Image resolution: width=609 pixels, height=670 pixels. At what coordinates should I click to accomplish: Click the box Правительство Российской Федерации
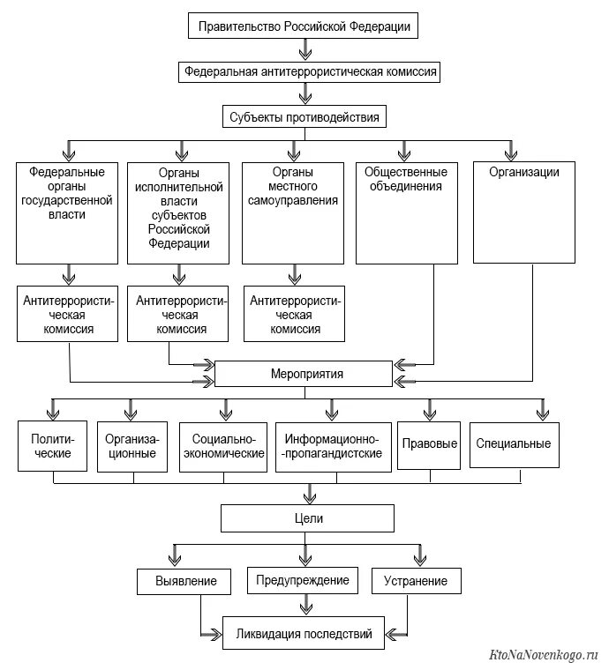(x=303, y=26)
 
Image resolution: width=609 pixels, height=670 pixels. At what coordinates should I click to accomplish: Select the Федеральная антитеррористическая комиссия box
(x=309, y=71)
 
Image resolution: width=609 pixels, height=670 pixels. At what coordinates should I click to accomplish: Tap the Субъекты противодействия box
(x=304, y=116)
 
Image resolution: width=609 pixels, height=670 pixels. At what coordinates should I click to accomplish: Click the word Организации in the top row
(x=524, y=172)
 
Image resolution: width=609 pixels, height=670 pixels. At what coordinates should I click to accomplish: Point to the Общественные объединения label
(x=406, y=179)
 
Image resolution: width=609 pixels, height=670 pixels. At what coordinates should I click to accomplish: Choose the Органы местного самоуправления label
(x=293, y=186)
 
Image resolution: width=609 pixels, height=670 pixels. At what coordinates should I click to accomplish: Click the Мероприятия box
(x=304, y=374)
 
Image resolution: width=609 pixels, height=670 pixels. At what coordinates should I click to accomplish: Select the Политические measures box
(x=53, y=446)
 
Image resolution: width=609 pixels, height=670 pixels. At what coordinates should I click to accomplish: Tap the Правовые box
(x=429, y=445)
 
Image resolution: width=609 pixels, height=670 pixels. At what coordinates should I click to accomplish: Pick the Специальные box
(x=514, y=445)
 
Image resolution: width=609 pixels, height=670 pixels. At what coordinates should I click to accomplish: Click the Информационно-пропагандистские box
(x=333, y=447)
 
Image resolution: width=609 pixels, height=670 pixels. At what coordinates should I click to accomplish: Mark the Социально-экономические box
(x=223, y=447)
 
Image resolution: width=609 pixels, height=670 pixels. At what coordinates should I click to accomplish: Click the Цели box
(x=307, y=518)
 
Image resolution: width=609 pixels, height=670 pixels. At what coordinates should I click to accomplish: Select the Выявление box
(x=184, y=582)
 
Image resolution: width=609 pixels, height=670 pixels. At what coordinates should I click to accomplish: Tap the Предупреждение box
(x=303, y=580)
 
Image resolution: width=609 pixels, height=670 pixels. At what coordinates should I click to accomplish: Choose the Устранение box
(x=416, y=581)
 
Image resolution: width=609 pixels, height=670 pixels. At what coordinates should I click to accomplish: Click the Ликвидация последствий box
(x=304, y=633)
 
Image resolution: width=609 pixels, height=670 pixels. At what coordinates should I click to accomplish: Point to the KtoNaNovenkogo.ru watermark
(x=543, y=655)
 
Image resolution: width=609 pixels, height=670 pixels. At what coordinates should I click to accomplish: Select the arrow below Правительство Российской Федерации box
(x=304, y=49)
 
